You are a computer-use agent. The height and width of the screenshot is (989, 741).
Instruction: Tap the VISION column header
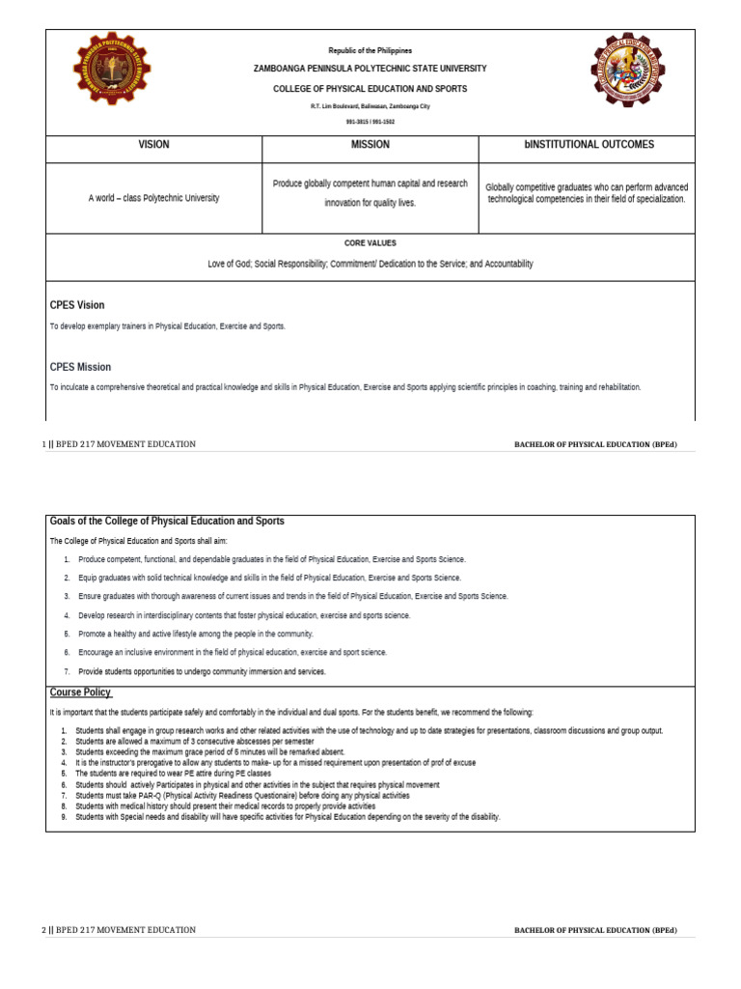point(153,144)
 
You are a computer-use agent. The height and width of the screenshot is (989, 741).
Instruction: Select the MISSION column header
point(370,144)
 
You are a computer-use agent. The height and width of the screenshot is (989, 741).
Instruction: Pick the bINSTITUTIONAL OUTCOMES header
point(589,144)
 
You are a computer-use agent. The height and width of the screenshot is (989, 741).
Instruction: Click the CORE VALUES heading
point(370,243)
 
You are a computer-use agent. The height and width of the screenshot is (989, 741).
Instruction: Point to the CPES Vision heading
point(77,305)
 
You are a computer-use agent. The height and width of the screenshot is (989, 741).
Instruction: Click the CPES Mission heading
point(80,367)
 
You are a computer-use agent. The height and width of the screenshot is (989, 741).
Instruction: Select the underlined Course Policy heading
point(81,692)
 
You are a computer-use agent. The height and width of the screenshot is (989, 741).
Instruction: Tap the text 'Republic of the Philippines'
point(370,50)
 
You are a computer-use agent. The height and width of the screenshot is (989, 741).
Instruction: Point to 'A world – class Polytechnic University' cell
point(153,198)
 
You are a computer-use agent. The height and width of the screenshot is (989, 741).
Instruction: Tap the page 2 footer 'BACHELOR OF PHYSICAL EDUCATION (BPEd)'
point(595,930)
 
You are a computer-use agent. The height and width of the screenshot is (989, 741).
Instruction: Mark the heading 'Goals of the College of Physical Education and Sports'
point(167,521)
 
